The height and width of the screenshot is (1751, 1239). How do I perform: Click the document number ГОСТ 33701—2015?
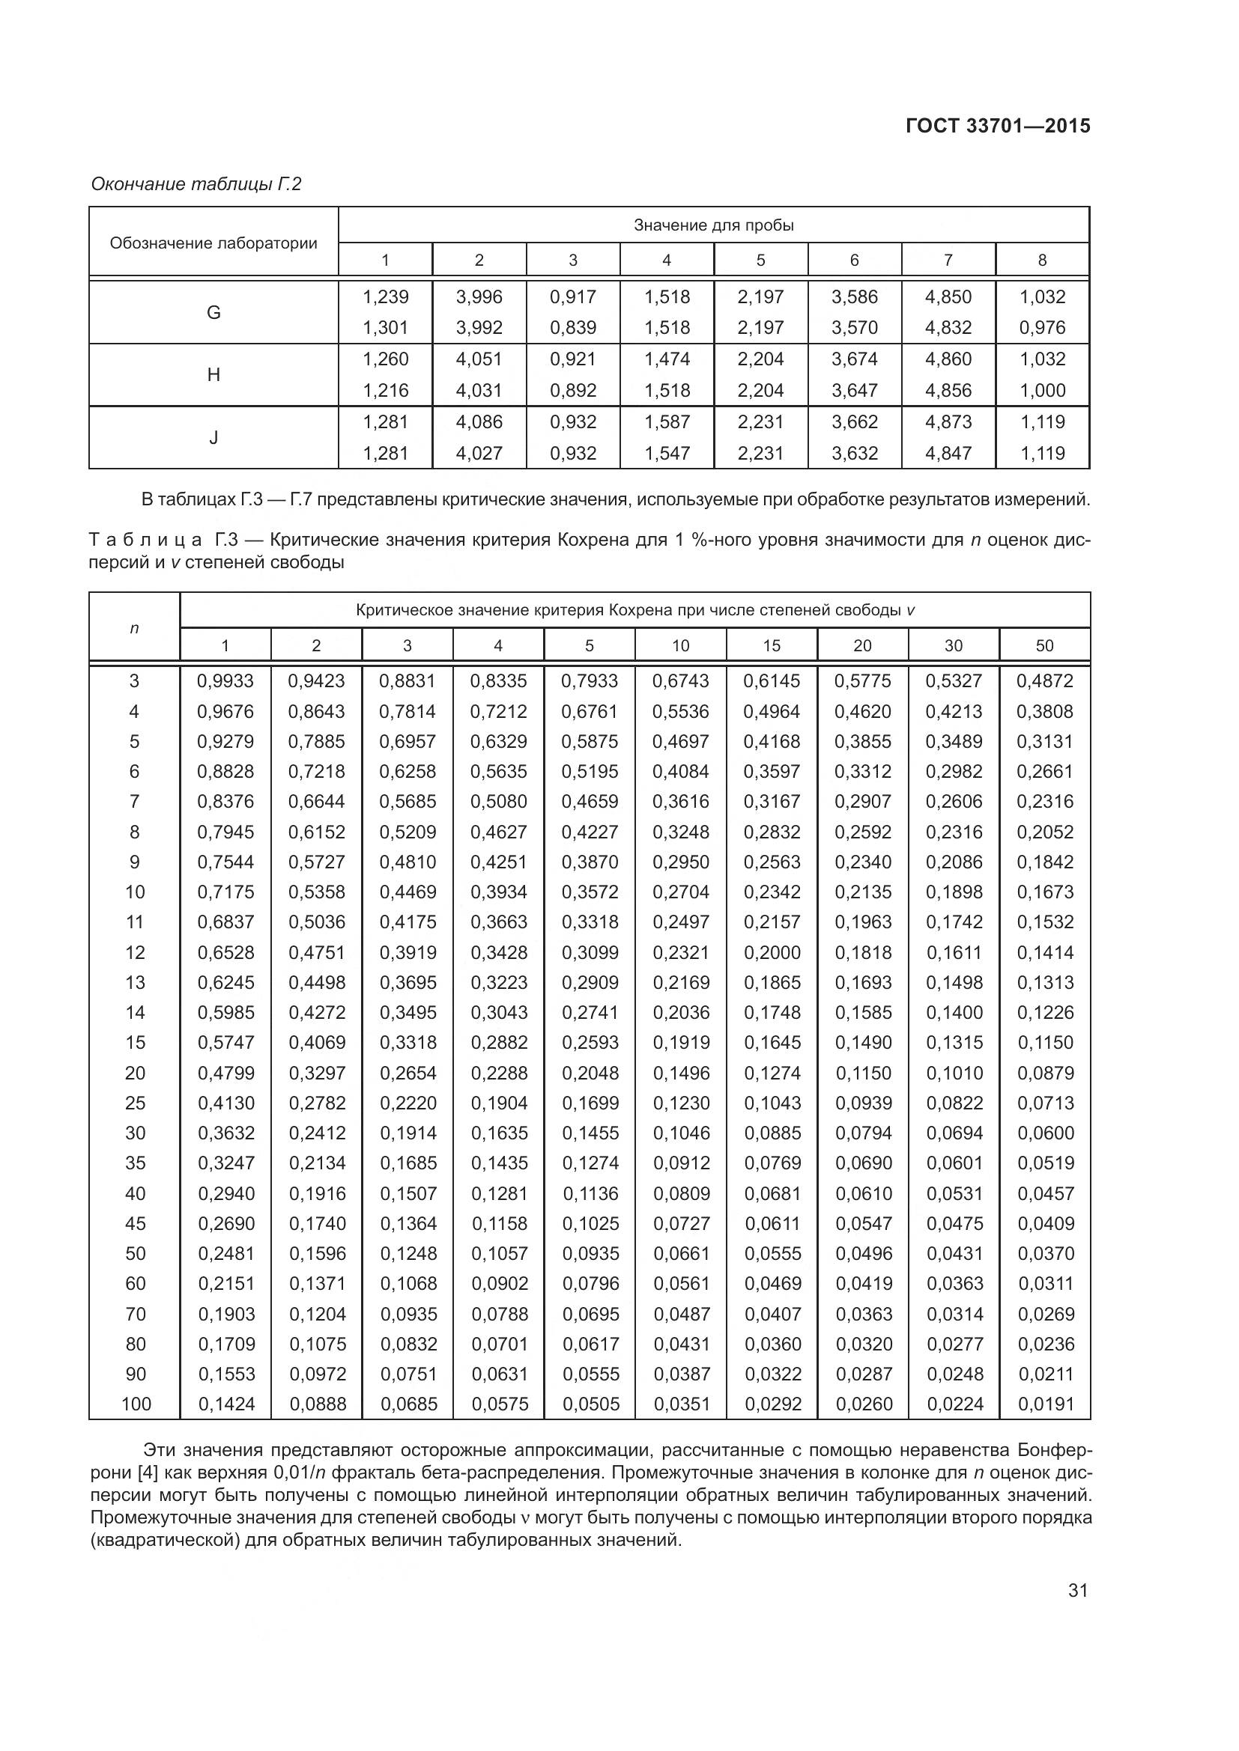[997, 126]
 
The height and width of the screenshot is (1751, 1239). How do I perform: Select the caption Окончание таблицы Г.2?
[196, 184]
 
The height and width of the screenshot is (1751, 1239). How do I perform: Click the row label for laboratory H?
[213, 374]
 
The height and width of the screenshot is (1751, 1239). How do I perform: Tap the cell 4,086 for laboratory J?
[479, 421]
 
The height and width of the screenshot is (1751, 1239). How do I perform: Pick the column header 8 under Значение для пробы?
[1042, 260]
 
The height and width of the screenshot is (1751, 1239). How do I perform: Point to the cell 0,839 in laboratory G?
[573, 327]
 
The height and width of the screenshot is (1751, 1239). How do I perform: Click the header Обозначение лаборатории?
[213, 243]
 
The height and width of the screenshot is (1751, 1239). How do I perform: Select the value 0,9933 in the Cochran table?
[225, 680]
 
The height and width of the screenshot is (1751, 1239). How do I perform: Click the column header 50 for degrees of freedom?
[1044, 645]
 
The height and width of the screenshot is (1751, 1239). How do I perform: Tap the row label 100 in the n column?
[136, 1403]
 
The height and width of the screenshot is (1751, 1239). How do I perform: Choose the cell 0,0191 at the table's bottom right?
[1045, 1403]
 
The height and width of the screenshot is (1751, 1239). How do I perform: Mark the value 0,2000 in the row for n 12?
[772, 951]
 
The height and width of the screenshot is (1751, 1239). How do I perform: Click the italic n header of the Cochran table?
[135, 628]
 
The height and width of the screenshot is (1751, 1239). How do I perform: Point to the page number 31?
[1077, 1590]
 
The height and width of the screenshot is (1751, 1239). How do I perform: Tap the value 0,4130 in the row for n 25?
[225, 1103]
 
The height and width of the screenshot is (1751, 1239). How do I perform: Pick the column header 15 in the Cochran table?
[772, 645]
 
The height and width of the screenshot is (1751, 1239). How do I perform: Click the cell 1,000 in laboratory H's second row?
[1042, 391]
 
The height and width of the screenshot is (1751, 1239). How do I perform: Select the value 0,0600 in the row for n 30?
[1045, 1133]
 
